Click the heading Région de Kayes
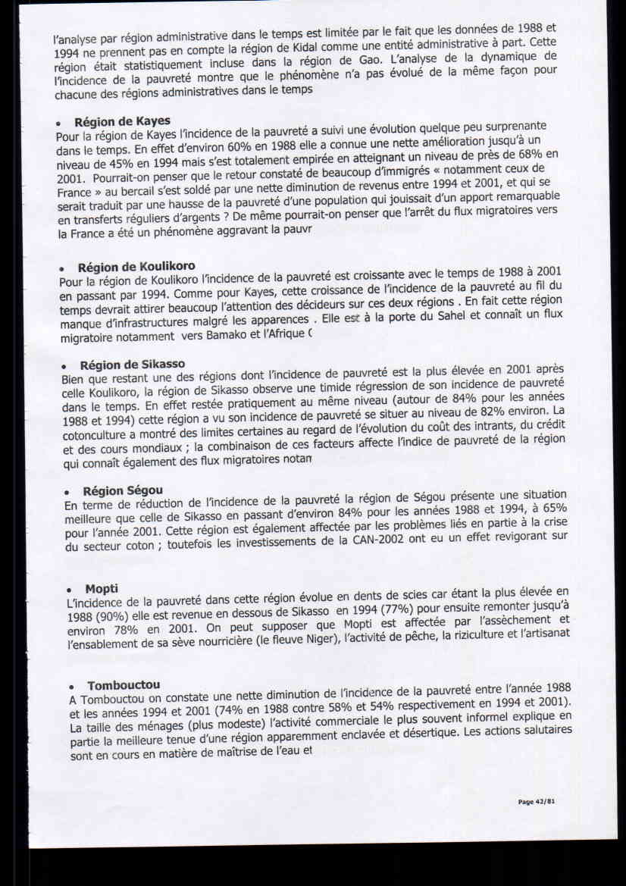tap(122, 122)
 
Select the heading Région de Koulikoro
tap(136, 267)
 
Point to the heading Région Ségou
tap(123, 490)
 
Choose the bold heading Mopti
tap(102, 588)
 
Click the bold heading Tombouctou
tap(123, 686)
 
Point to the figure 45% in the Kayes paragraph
tap(124, 163)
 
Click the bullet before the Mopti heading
tap(69, 590)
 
